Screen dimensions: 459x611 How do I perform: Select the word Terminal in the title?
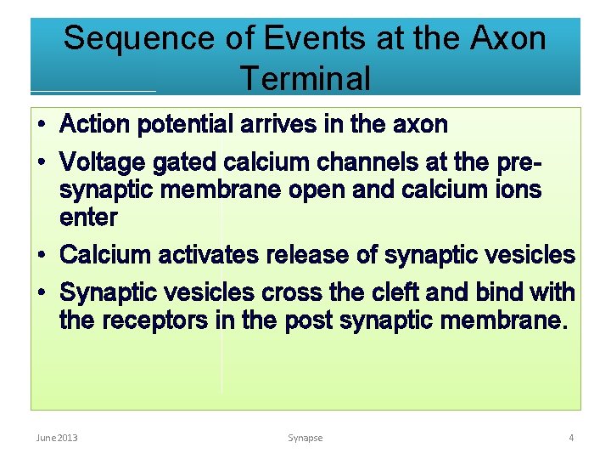pyautogui.click(x=305, y=78)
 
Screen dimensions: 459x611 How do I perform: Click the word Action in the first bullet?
pyautogui.click(x=95, y=125)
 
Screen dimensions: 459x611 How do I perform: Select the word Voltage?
pyautogui.click(x=103, y=161)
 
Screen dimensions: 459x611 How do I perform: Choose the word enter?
pyautogui.click(x=88, y=218)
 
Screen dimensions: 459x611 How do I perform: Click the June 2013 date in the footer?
pyautogui.click(x=57, y=438)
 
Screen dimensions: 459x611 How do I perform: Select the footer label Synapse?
pyautogui.click(x=305, y=438)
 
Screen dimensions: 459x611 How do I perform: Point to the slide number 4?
pyautogui.click(x=571, y=438)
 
